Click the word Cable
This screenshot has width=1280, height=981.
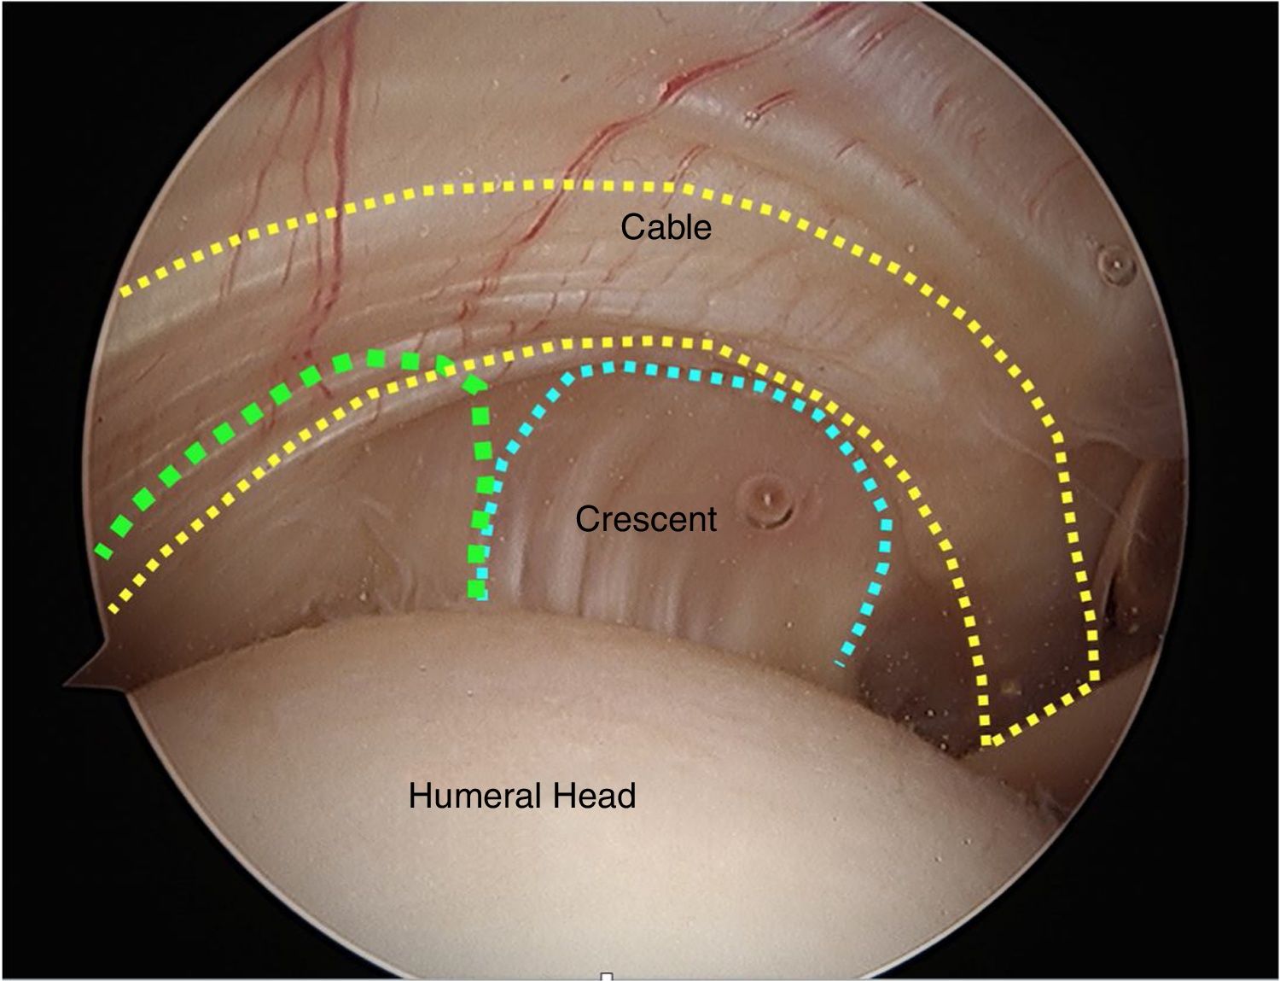pos(666,227)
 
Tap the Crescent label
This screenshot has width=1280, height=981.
pos(646,519)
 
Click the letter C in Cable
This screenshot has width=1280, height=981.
pos(633,227)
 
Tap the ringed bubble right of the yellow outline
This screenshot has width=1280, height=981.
pos(1114,264)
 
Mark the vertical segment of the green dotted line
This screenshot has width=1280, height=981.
pos(480,495)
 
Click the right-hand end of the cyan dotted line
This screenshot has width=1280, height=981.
pos(841,662)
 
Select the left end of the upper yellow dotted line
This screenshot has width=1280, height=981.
pos(125,292)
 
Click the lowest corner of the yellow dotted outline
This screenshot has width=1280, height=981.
pos(988,741)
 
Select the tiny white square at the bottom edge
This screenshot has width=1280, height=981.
pos(607,976)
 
